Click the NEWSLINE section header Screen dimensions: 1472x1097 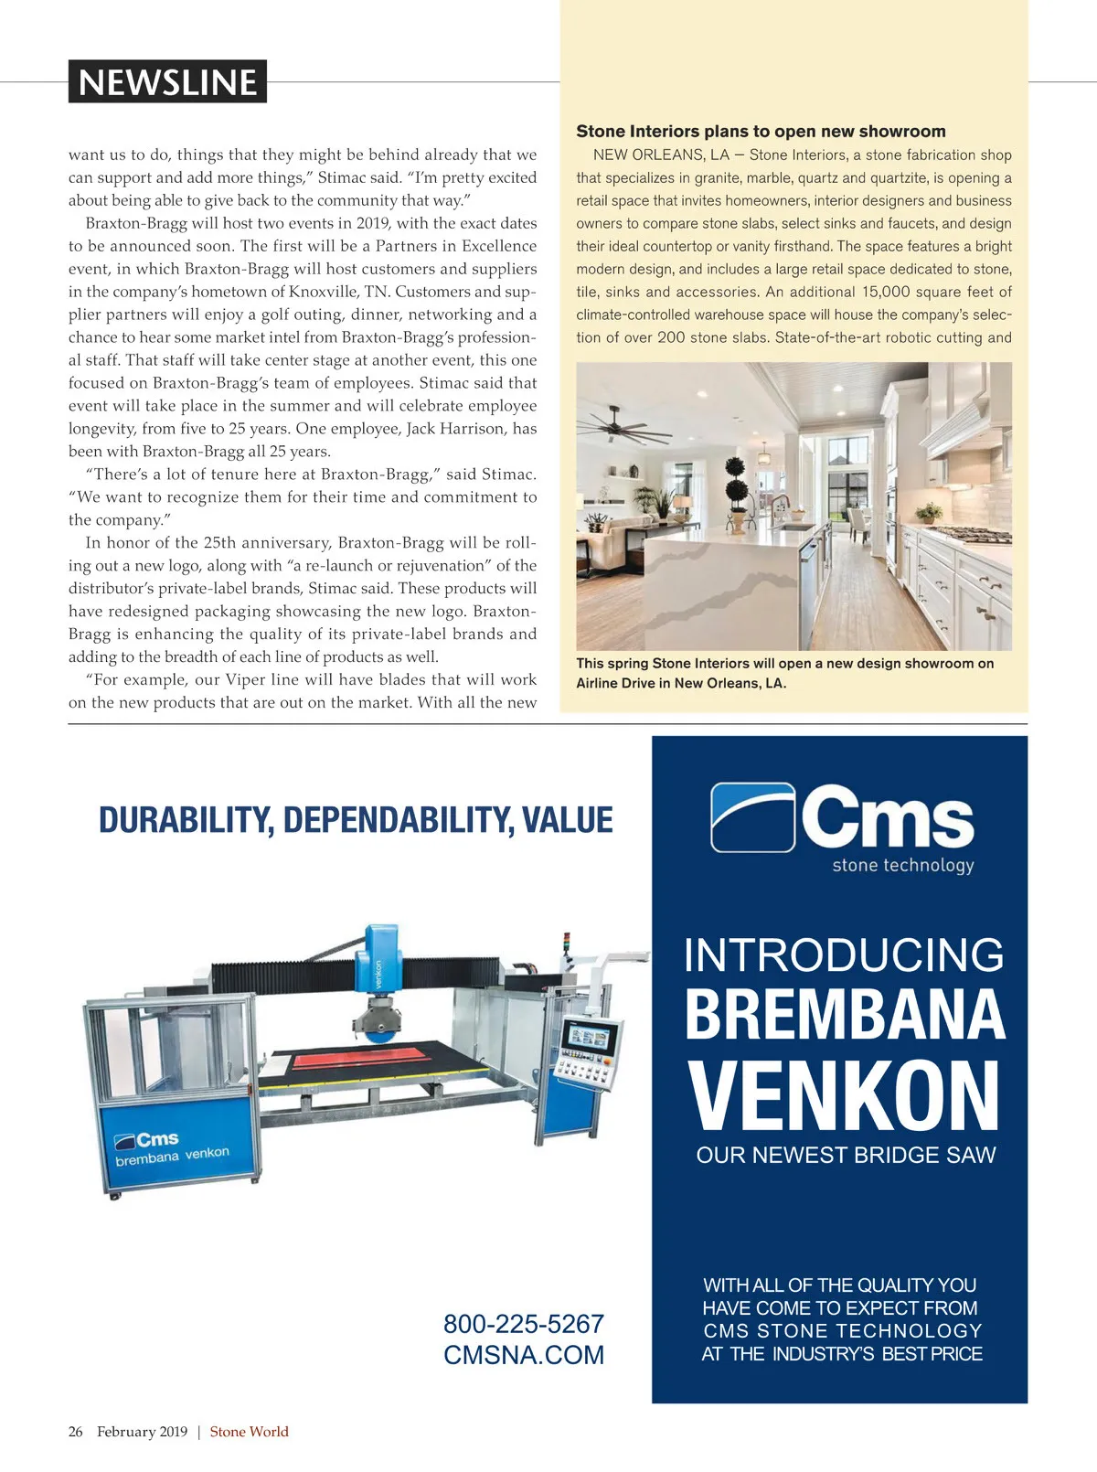(167, 82)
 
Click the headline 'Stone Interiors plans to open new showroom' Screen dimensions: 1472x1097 (761, 132)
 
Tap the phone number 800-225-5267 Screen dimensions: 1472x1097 (523, 1324)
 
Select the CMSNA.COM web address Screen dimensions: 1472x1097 (524, 1355)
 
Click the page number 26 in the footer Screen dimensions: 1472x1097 (75, 1432)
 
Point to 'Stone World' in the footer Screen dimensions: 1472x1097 (249, 1432)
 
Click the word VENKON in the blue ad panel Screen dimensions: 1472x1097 (845, 1097)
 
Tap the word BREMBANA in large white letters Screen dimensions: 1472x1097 (845, 1015)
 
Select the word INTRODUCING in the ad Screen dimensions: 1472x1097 (844, 955)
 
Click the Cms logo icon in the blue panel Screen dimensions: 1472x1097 (752, 816)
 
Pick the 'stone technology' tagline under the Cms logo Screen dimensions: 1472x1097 (903, 865)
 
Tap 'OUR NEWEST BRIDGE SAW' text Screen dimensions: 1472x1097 (846, 1156)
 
